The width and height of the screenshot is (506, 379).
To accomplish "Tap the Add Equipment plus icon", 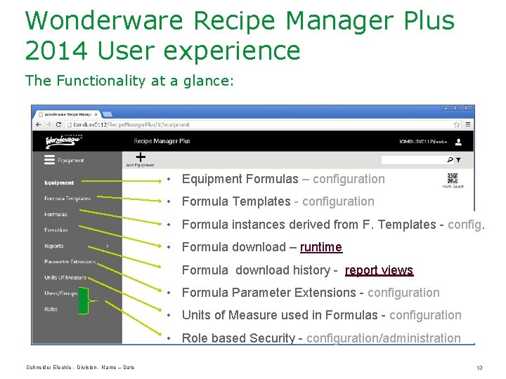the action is coord(141,157).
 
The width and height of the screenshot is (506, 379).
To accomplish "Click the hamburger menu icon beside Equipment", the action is coord(49,160).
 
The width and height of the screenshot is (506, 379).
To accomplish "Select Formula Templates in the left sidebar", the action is coord(67,199).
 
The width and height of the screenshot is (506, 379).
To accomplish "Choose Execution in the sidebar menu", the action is coord(56,230).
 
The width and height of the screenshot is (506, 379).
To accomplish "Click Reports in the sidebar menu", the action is coord(54,246).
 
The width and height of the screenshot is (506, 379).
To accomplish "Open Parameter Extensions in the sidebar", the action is coord(70,262).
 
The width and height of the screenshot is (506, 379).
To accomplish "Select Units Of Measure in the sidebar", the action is coord(65,277).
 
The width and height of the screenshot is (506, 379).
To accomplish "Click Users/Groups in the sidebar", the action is coord(61,293).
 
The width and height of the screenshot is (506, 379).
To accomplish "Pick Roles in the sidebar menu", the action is coord(51,309).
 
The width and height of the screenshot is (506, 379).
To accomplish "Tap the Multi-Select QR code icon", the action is coord(452,178).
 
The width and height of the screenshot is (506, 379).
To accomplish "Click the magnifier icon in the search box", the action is coord(448,160).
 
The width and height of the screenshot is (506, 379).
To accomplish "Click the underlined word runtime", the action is coord(321,247).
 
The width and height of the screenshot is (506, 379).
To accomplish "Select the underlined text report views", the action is coord(379,270).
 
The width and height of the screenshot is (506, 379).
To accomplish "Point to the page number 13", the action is coord(479,368).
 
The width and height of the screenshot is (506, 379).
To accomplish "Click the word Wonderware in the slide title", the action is coord(105,20).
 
